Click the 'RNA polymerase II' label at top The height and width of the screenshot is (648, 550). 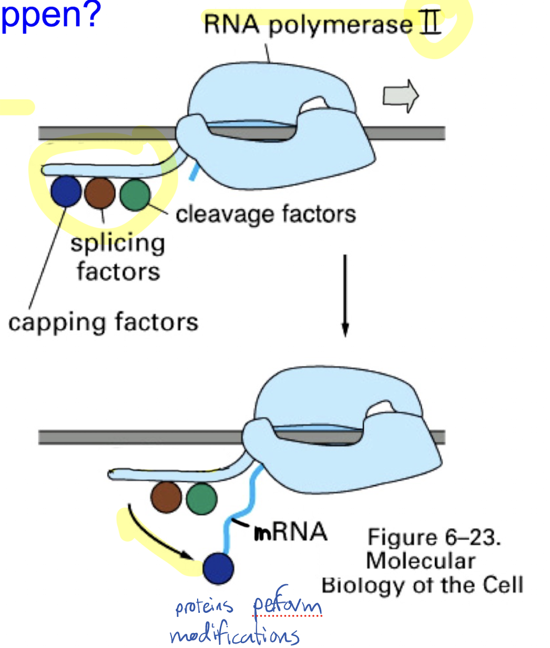pyautogui.click(x=321, y=25)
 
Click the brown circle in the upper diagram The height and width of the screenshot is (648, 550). pyautogui.click(x=100, y=194)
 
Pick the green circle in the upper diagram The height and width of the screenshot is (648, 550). pyautogui.click(x=135, y=195)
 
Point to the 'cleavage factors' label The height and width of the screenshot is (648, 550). pyautogui.click(x=266, y=215)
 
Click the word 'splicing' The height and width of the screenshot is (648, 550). pyautogui.click(x=118, y=244)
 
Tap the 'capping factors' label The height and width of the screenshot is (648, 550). pyautogui.click(x=103, y=322)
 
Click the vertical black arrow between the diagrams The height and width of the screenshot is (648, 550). pyautogui.click(x=345, y=295)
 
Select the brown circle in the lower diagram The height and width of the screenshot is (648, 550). pyautogui.click(x=166, y=498)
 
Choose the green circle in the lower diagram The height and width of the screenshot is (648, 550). pyautogui.click(x=201, y=498)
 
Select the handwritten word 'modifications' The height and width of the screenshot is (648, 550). pyautogui.click(x=235, y=635)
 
